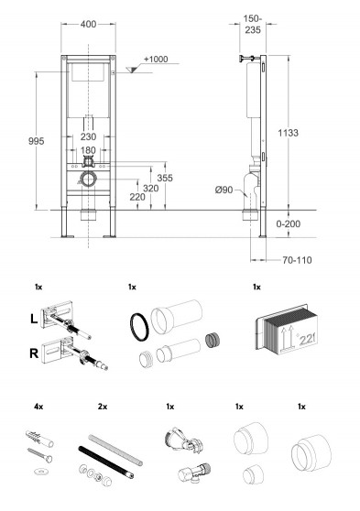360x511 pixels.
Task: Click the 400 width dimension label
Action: [x=88, y=24]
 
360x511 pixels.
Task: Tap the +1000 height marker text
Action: [x=156, y=59]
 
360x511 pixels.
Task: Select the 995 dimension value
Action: [x=37, y=141]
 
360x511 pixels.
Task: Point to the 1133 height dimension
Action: [x=288, y=133]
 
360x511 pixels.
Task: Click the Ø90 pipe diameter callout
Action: [x=224, y=190]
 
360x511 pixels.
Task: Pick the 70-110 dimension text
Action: [x=297, y=260]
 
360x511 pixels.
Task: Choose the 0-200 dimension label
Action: [x=289, y=223]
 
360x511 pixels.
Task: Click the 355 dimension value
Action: [x=165, y=178]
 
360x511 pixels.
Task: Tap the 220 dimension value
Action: [x=137, y=197]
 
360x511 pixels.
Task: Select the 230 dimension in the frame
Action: [x=88, y=136]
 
